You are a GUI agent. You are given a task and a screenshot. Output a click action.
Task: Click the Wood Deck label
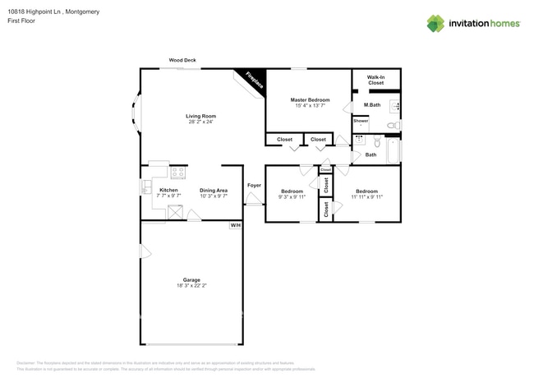click(x=182, y=60)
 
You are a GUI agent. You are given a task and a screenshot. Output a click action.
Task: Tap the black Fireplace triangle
click(x=250, y=79)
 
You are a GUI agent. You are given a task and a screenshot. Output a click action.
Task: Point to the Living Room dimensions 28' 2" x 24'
click(x=200, y=122)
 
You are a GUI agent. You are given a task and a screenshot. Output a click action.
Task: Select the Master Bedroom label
click(x=310, y=99)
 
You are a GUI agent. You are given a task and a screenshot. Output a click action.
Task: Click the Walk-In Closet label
click(x=375, y=79)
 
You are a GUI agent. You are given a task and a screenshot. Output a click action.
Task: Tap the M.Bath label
click(x=372, y=104)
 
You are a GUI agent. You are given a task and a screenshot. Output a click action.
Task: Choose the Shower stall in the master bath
click(x=361, y=122)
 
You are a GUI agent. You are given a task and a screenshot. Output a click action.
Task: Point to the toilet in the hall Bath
click(x=376, y=141)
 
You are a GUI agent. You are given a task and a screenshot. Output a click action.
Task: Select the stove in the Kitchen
click(x=177, y=173)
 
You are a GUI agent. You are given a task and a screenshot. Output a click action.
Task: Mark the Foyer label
click(x=254, y=185)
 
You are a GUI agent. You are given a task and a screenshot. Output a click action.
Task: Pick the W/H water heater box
click(x=235, y=224)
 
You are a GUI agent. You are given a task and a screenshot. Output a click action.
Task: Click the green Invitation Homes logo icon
click(x=435, y=23)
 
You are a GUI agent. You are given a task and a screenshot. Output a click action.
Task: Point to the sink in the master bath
click(x=394, y=105)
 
